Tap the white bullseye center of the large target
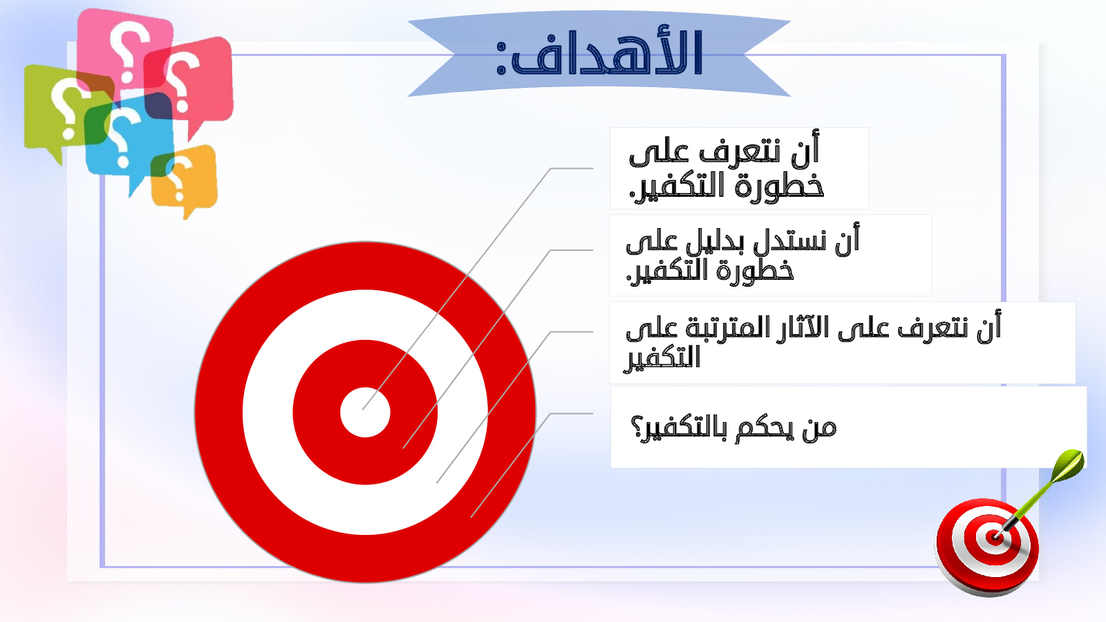click(x=366, y=412)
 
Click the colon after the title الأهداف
click(x=500, y=59)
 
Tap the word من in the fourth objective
click(x=820, y=429)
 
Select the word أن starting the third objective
click(x=988, y=326)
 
